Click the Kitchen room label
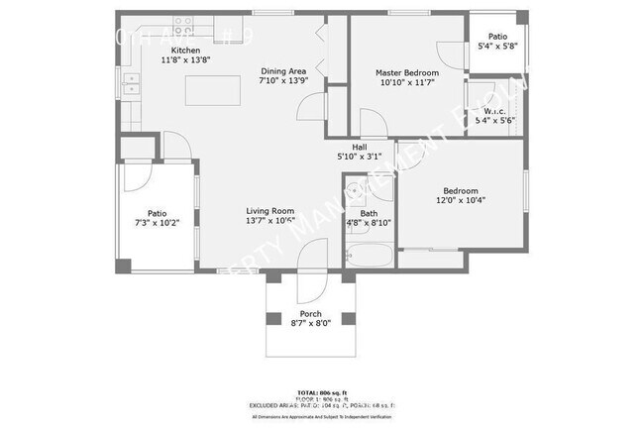pos(185,51)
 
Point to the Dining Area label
pos(283,71)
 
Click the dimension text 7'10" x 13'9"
pos(283,81)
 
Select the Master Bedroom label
pos(406,73)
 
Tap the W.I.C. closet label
pos(493,111)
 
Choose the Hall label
pos(359,147)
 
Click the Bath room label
pos(369,213)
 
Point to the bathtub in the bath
pos(369,258)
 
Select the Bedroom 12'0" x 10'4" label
pos(460,191)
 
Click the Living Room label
pos(270,211)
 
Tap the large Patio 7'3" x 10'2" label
pos(157,213)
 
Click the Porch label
pos(310,312)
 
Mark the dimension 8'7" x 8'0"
pos(310,323)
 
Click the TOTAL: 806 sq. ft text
pos(322,393)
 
